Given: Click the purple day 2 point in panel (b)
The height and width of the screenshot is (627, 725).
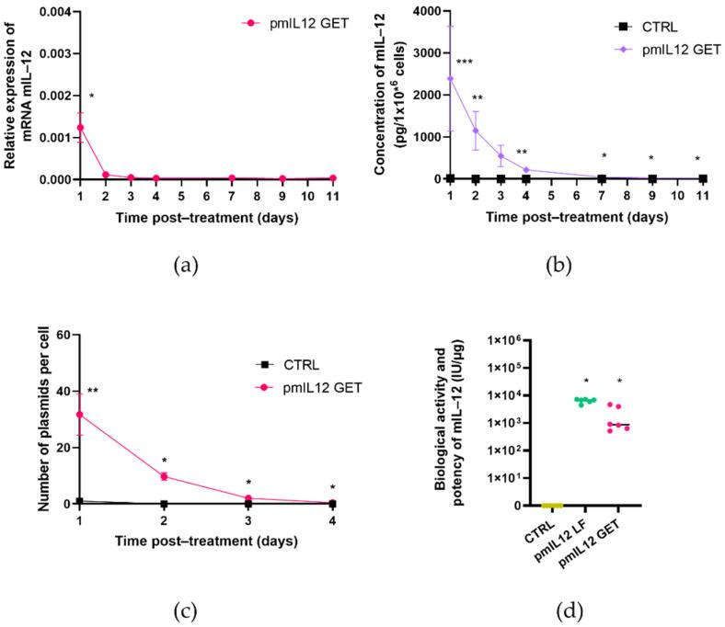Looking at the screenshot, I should [x=476, y=131].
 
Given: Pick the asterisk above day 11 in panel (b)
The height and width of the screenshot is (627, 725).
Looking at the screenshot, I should [x=697, y=158].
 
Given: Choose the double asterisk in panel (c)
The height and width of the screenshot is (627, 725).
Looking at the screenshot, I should [x=93, y=392].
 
